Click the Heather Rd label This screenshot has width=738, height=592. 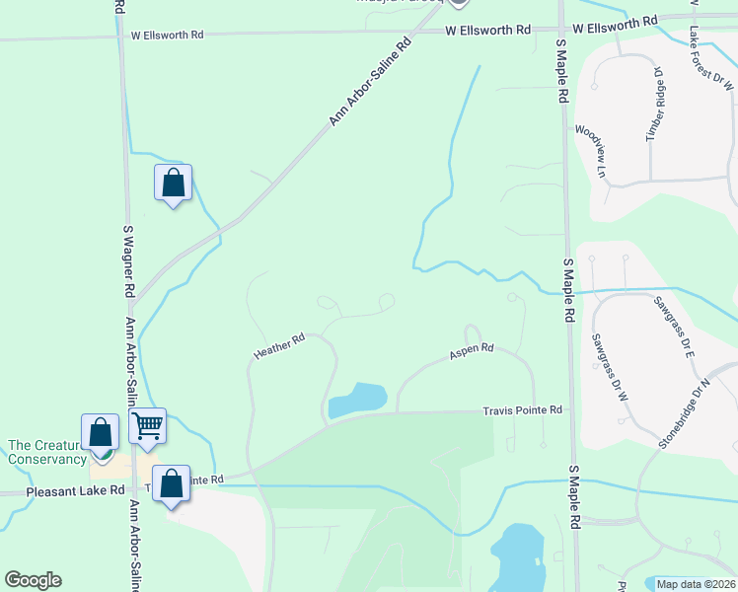279,344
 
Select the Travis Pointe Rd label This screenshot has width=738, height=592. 522,409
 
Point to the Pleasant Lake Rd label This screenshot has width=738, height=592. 62,489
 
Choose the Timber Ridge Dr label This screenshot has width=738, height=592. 655,106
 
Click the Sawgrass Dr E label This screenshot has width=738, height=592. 674,327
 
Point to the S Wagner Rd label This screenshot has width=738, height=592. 127,260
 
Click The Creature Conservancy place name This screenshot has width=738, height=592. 47,452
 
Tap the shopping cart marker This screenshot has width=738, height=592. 147,427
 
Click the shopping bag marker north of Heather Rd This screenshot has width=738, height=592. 174,183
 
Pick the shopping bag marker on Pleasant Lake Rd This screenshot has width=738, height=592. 172,485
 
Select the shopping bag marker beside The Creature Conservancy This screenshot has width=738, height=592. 101,433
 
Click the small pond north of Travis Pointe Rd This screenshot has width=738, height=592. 357,400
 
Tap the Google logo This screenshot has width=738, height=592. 33,580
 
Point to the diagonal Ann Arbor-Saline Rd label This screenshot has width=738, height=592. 370,83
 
